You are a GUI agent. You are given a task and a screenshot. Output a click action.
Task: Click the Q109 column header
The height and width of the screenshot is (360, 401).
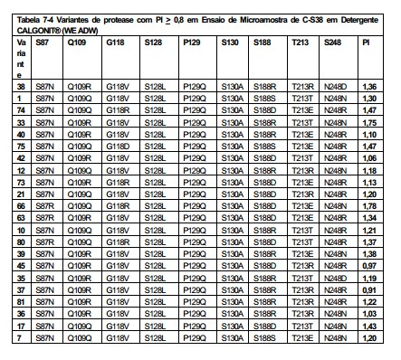[77, 43]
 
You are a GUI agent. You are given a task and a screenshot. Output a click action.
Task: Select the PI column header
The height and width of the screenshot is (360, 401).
[366, 43]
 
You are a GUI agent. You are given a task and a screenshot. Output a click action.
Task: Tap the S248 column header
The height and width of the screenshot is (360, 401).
[332, 43]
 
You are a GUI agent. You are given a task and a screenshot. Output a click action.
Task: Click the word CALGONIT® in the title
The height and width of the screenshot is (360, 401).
[39, 31]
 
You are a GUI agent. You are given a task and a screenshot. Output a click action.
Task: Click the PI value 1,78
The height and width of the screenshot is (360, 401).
[369, 206]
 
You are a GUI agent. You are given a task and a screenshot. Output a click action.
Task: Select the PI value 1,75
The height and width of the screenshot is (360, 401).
[369, 123]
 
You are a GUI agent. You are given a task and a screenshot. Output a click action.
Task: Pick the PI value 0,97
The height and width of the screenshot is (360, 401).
[369, 266]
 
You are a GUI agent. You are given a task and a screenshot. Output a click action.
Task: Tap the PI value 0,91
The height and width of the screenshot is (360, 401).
[369, 290]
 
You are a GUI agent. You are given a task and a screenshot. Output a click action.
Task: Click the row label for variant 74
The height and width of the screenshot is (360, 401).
[21, 110]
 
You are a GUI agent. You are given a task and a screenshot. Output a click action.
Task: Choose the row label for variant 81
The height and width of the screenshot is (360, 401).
[21, 302]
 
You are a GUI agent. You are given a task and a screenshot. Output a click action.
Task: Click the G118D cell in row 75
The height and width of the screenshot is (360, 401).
[118, 147]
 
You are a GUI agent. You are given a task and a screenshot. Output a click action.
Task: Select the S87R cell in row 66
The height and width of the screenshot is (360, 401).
[45, 206]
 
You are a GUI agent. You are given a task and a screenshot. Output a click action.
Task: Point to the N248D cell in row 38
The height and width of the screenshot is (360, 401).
[336, 87]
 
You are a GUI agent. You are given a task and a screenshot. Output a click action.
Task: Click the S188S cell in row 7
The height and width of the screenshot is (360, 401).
[264, 338]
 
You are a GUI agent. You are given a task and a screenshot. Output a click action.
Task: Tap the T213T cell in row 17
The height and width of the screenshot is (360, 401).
[302, 327]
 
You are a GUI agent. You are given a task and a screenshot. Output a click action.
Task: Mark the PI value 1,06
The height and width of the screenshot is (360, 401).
[369, 158]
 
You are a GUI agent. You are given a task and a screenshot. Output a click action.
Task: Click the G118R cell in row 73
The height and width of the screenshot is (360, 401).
[118, 183]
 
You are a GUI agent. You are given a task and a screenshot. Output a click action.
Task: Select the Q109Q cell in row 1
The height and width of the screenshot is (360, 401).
[80, 99]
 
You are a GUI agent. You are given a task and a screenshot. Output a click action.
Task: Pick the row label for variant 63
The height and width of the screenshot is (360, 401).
[21, 218]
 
